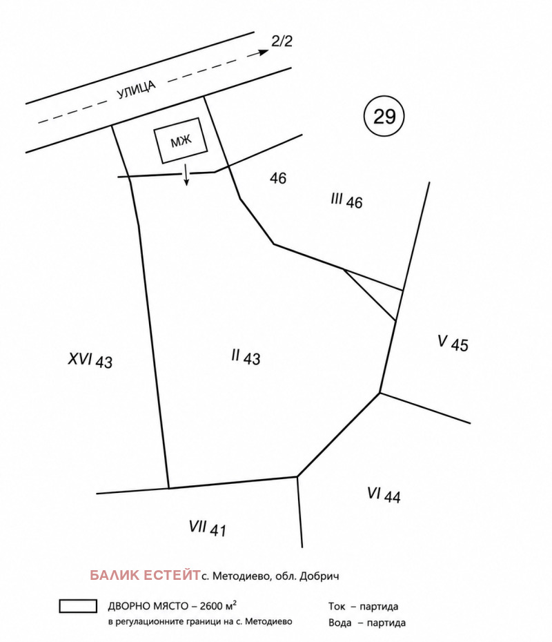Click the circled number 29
point(384,116)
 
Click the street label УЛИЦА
point(137,90)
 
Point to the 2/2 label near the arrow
point(282,41)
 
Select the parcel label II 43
point(246,357)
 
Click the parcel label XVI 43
point(90,360)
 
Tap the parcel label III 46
point(346,201)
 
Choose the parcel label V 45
point(453,343)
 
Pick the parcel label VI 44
point(384,494)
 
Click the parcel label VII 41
point(207,528)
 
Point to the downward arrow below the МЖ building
point(186,175)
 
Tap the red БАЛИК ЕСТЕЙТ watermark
point(145,575)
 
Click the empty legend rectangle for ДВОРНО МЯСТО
point(78,606)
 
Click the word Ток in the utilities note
point(337,606)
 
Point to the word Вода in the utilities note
point(340,623)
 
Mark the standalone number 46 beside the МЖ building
point(278,178)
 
